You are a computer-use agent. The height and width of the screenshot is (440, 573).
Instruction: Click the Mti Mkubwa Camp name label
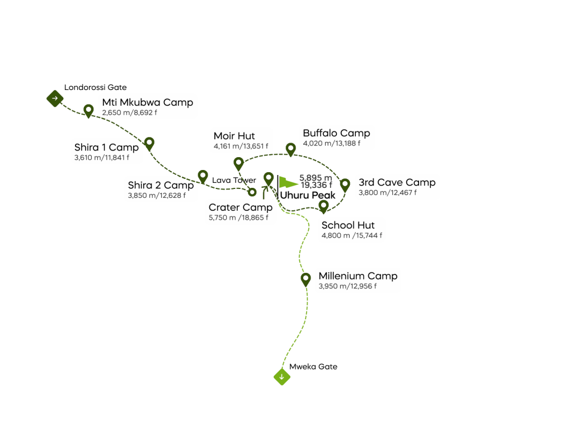[147, 102]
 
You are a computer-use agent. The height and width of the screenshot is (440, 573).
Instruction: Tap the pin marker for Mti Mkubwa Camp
[88, 110]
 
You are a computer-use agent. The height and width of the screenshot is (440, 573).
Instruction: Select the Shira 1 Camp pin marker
[149, 143]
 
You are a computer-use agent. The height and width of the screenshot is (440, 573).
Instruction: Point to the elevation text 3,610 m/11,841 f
[102, 158]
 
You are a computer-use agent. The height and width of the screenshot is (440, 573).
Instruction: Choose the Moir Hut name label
[234, 136]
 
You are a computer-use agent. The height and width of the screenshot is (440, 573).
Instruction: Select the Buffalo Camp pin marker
[290, 149]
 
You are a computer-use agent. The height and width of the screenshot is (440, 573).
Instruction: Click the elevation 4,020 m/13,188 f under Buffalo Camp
[331, 144]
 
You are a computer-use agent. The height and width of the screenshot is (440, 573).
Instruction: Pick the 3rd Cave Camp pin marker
[345, 184]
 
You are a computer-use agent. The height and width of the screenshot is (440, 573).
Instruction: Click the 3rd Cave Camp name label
[397, 182]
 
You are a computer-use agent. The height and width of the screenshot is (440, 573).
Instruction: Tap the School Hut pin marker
[323, 205]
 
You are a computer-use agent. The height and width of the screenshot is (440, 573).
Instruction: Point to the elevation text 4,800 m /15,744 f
[352, 236]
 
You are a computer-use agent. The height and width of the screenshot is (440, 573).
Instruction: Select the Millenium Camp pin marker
[306, 278]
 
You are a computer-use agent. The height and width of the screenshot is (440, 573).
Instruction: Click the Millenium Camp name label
[358, 276]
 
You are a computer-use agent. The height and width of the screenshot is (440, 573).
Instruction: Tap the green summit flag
[288, 182]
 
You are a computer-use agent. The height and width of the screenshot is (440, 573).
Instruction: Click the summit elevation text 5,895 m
[316, 178]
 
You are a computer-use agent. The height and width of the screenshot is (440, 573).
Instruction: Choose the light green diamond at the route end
[282, 377]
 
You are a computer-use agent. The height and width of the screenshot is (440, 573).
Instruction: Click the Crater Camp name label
[241, 207]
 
